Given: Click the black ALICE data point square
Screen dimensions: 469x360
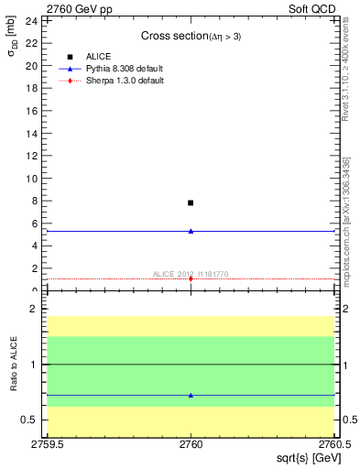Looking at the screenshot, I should [191, 202].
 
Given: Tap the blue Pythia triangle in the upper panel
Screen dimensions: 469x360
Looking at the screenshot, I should [191, 231].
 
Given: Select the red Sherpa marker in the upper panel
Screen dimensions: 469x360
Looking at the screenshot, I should [191, 278].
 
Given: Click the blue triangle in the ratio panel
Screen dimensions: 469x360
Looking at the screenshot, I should [191, 395].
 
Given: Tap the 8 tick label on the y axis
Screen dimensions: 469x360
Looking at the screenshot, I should [35, 202].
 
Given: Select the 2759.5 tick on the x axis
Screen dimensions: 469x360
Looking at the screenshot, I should [46, 443].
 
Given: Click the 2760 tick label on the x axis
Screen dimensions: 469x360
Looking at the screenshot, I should [191, 443].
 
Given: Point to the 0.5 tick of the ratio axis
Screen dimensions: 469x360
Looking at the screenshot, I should [31, 420].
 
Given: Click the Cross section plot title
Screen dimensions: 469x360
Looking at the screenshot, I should [191, 36].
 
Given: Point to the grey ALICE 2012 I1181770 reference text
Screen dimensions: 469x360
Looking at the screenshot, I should [191, 273].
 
